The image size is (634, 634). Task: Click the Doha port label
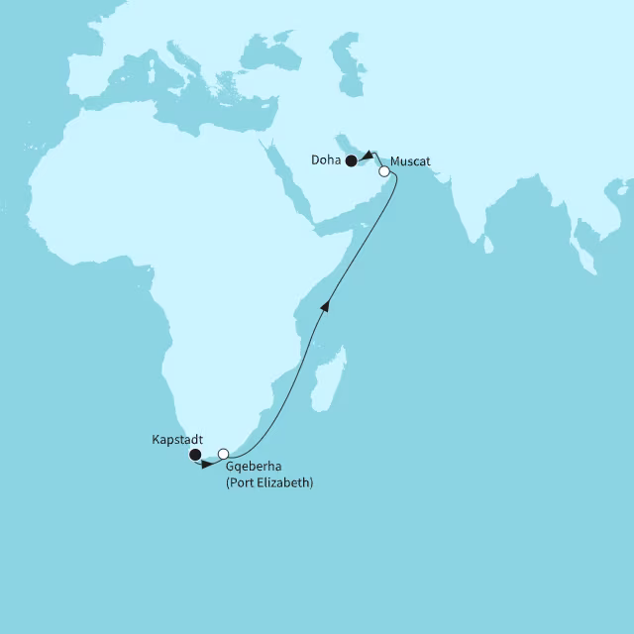coord(326,161)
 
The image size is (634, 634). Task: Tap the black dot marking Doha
coord(351,160)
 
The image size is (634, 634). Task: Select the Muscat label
coord(410,161)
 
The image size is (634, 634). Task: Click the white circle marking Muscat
coord(384,171)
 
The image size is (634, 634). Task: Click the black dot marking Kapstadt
coord(195,455)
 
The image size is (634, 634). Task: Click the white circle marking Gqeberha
coord(224,454)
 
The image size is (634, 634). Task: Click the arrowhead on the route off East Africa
coord(325,307)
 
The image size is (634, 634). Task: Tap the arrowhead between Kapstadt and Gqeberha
coord(206,463)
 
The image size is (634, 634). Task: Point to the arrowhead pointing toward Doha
coord(367,155)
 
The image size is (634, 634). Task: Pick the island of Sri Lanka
coord(488,243)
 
